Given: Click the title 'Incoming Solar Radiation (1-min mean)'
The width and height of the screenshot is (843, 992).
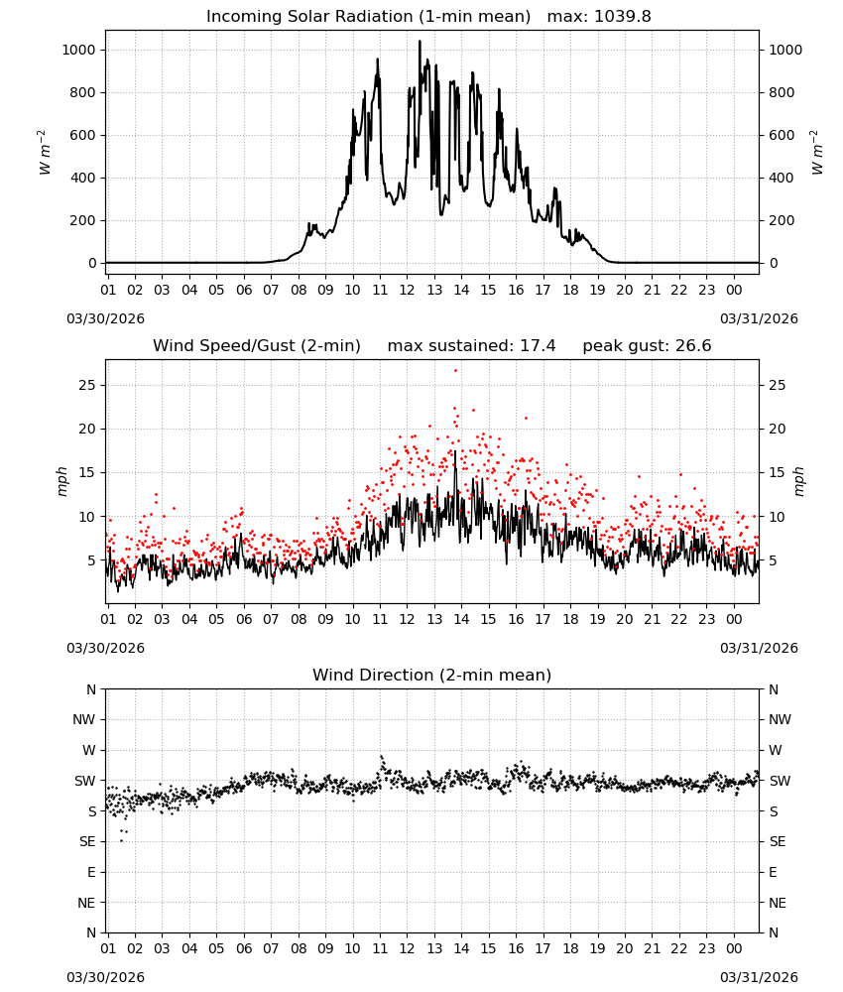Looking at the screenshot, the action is pos(368,17).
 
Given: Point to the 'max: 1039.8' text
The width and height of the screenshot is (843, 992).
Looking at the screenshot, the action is pos(599,17).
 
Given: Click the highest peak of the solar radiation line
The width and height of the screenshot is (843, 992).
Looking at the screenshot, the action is pos(420,42).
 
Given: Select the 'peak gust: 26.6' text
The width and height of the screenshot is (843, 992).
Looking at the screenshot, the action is pos(647,346).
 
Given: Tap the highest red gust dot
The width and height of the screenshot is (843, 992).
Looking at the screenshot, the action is pos(455,371).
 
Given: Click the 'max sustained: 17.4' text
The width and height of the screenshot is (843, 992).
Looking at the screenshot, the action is pos(471,346).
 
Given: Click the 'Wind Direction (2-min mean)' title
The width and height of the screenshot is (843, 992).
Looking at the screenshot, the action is pos(432,675).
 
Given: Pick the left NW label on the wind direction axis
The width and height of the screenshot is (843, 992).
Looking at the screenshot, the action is pos(83,720).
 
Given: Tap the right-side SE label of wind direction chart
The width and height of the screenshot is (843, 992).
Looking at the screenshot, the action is pos(778,842).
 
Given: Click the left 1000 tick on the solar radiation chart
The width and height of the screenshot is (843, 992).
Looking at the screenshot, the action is pos(79,50).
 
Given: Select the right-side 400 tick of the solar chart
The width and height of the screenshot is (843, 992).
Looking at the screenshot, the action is pos(782,179).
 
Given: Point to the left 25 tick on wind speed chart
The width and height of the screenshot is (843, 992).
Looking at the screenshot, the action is pos(87,385).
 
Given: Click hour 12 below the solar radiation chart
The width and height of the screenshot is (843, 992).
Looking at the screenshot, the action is pos(407,291).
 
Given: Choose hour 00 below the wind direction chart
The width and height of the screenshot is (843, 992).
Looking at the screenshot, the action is pos(734,949).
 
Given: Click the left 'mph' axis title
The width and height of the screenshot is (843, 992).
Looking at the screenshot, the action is pos(61,481).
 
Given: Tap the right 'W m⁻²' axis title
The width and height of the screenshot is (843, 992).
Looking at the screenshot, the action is pos(816,152).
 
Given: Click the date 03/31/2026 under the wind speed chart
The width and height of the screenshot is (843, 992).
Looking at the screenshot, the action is pos(759,649).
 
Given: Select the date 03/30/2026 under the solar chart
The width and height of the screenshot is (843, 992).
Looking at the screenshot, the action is pos(105,318).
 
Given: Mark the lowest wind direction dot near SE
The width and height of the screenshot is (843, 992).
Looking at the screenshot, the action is pos(121,841).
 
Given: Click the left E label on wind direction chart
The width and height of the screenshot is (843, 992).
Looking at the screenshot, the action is pos(91,872).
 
